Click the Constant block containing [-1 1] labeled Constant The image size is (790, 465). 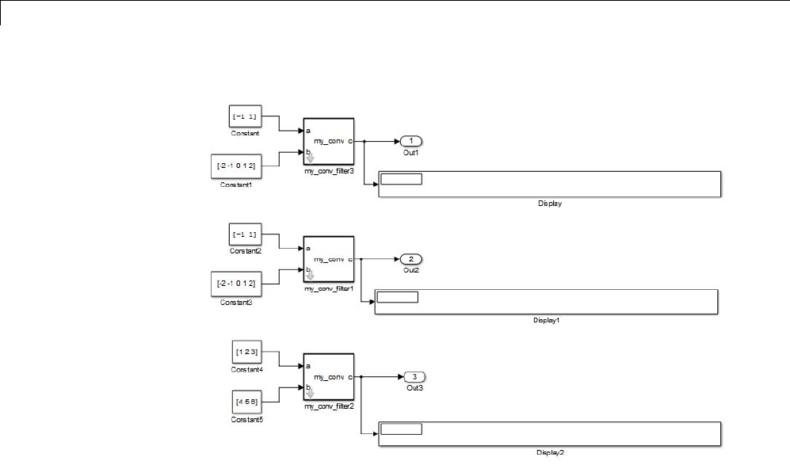(x=245, y=117)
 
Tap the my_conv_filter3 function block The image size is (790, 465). (x=328, y=141)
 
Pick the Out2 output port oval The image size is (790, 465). (x=411, y=259)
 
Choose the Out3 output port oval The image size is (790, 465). (x=415, y=376)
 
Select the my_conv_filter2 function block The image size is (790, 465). (x=328, y=377)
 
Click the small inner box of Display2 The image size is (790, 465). (x=402, y=429)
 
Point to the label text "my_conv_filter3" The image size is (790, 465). (x=328, y=171)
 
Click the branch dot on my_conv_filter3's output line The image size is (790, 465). (x=364, y=142)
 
